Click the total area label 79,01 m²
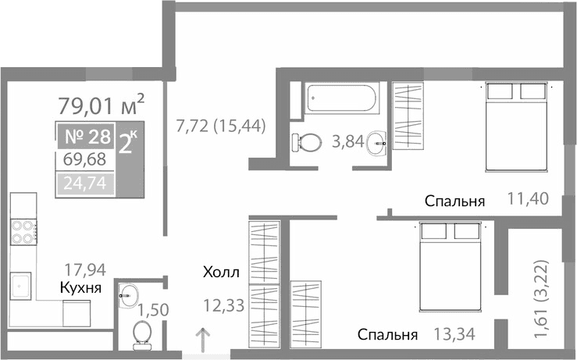tap(102, 103)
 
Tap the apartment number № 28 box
tap(86, 137)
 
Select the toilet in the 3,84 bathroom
tap(307, 143)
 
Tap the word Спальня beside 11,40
tap(455, 201)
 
